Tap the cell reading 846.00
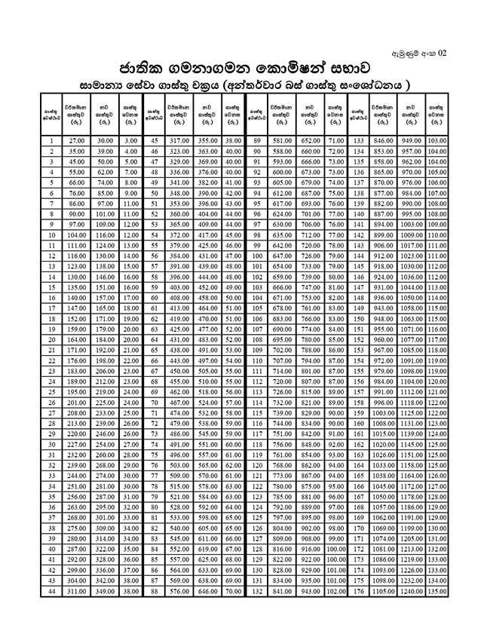(384, 140)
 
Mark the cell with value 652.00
(309, 140)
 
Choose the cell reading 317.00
(179, 140)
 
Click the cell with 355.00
(207, 140)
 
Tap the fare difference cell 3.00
(130, 140)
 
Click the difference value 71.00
(335, 140)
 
